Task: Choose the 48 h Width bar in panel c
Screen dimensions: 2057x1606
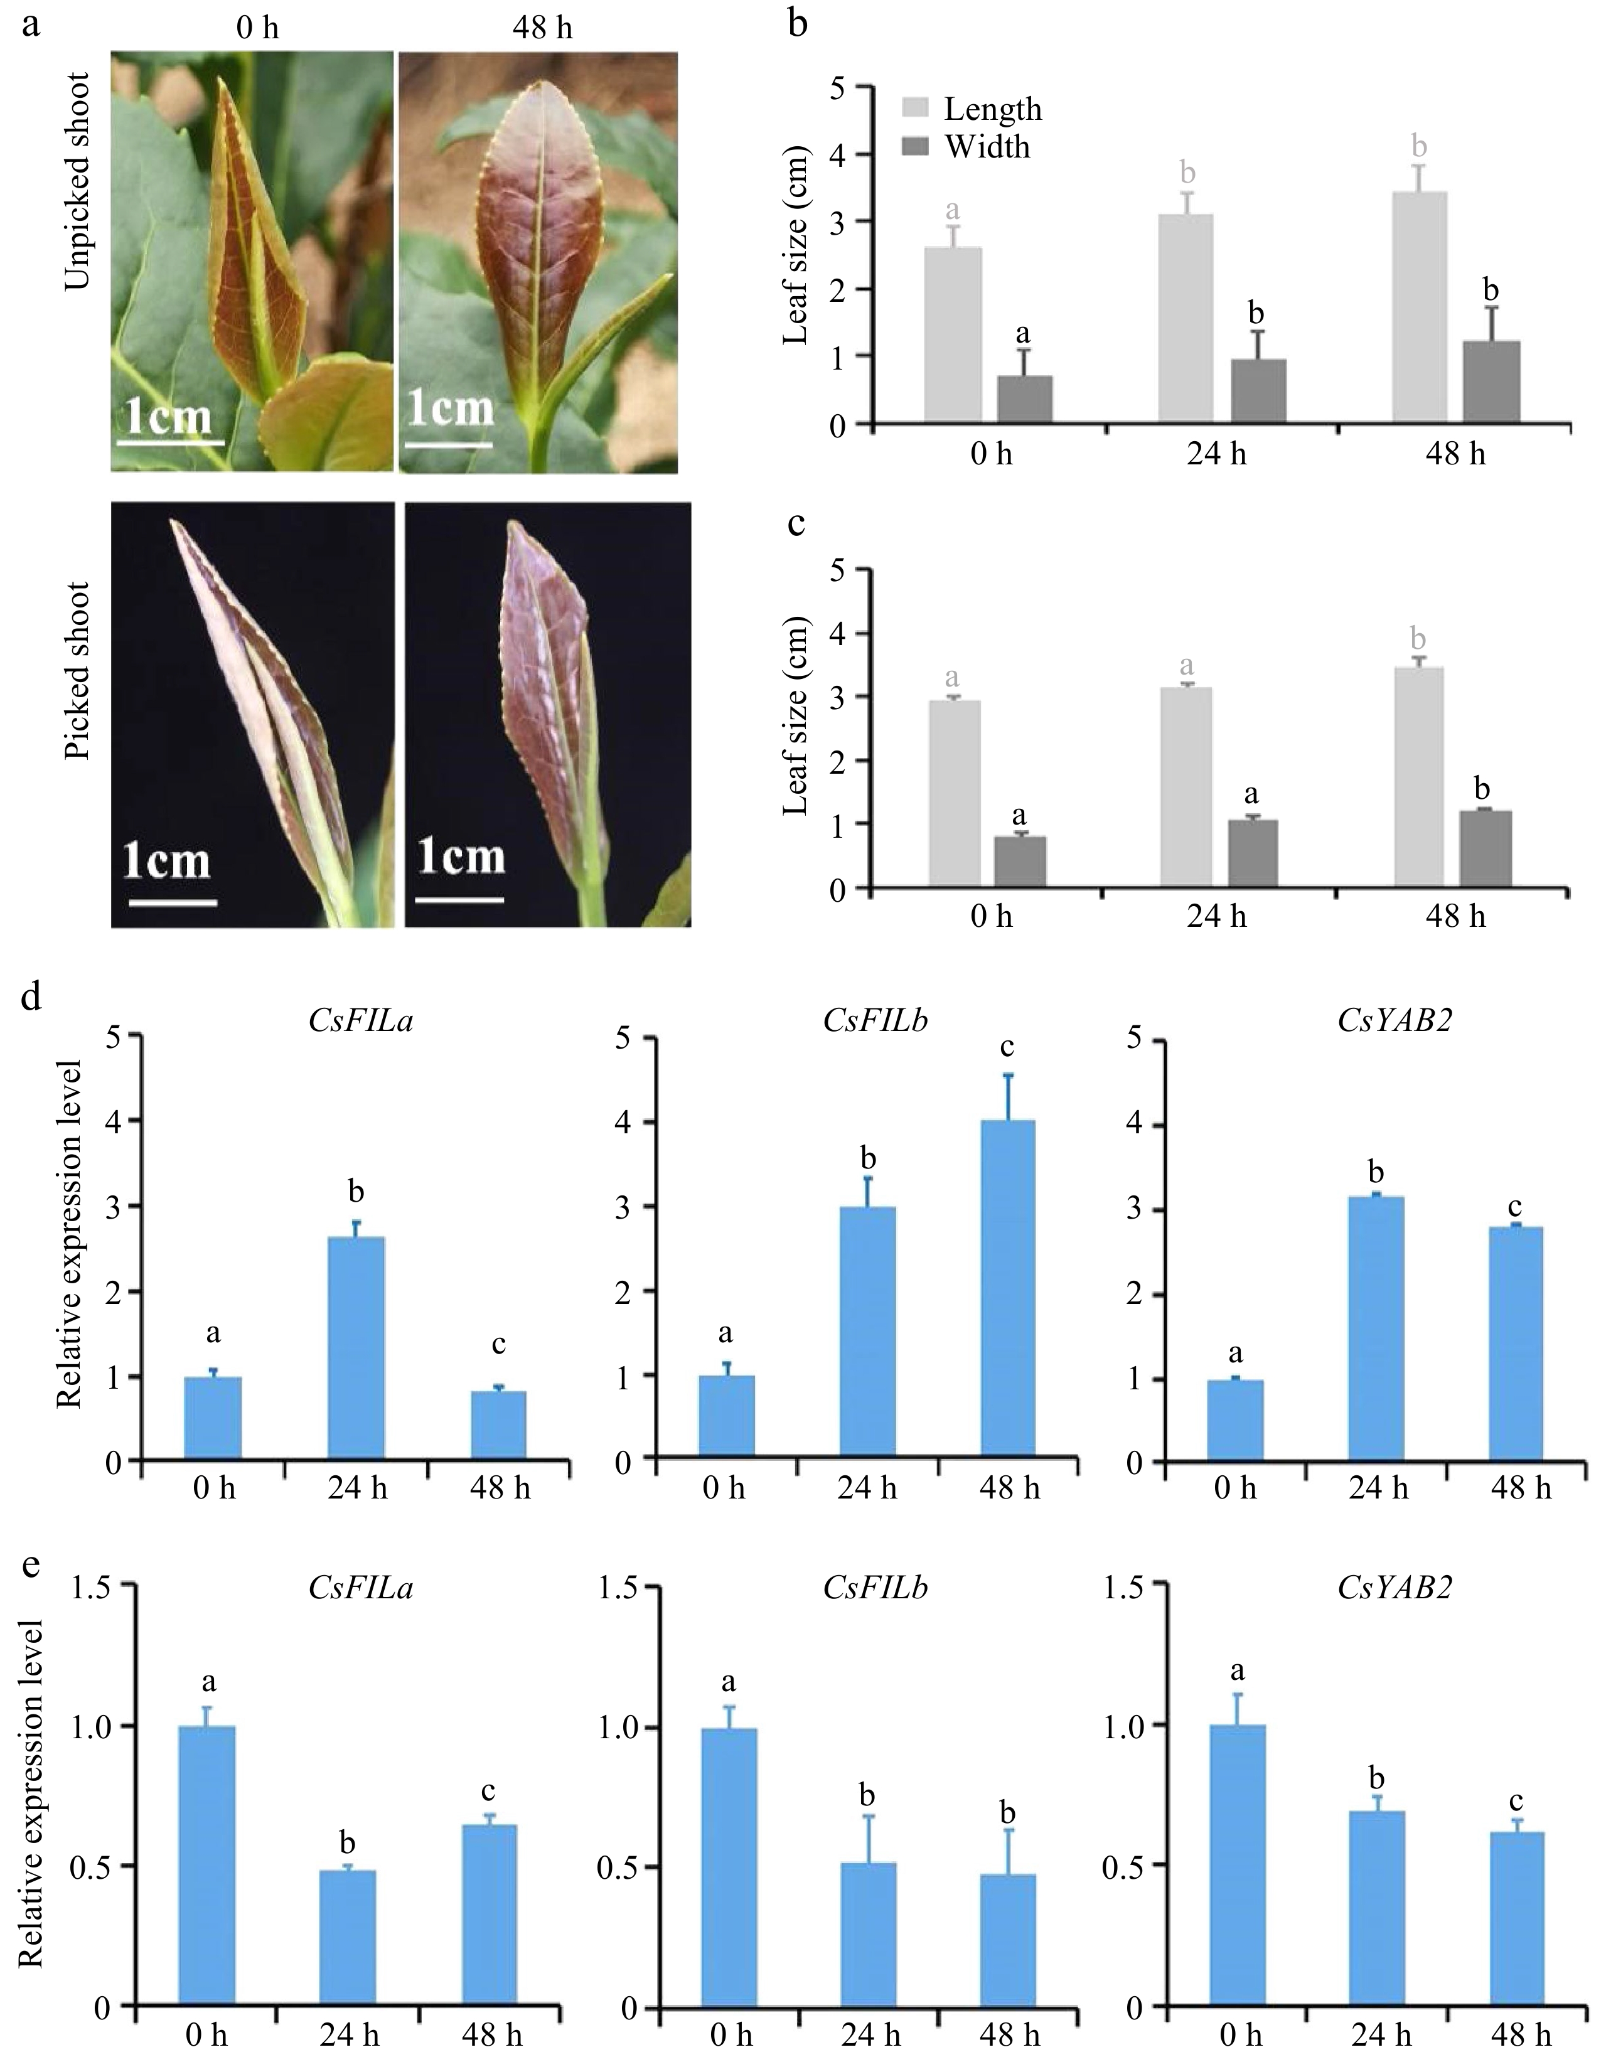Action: [x=1486, y=848]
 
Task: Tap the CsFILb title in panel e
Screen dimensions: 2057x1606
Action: [x=875, y=1589]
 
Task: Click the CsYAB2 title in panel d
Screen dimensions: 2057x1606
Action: [x=1394, y=1020]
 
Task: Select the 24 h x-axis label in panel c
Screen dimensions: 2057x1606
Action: [x=1216, y=916]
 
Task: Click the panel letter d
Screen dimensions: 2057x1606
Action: [x=31, y=997]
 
